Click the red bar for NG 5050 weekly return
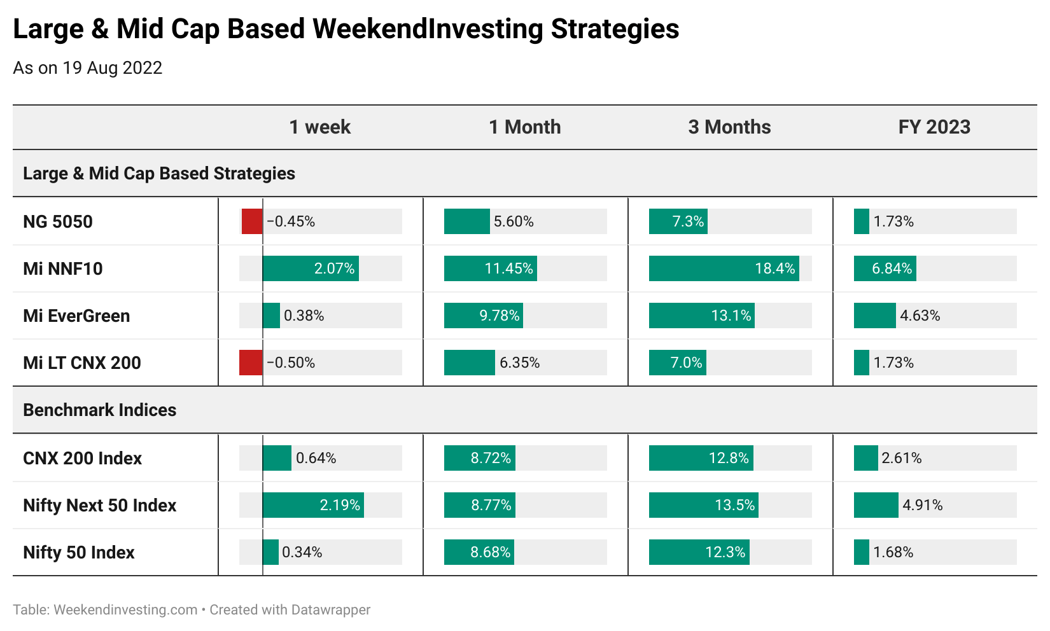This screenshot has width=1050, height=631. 252,221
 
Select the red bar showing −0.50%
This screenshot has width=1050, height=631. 251,363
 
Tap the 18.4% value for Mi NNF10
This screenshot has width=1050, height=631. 775,268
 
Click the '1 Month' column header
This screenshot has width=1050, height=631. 524,127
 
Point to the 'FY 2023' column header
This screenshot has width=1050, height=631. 934,127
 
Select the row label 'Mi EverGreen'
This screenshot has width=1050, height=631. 76,315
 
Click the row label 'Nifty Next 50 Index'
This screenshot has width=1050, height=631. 99,505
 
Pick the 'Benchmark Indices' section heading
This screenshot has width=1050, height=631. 99,410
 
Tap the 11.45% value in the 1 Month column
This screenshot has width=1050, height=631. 508,268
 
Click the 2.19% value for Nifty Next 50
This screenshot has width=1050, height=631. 340,505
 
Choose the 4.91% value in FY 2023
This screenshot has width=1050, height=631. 923,505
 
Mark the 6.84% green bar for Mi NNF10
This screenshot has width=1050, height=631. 885,268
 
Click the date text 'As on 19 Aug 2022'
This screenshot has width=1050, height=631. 88,68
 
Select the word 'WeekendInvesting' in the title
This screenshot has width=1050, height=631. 428,29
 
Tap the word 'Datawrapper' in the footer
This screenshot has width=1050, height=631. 330,610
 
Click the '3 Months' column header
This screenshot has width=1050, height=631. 729,127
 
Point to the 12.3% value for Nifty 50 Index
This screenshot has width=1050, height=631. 725,552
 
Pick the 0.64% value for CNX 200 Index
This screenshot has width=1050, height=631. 316,458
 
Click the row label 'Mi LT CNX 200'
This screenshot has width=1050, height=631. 82,363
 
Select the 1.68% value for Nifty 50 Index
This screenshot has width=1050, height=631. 893,552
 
